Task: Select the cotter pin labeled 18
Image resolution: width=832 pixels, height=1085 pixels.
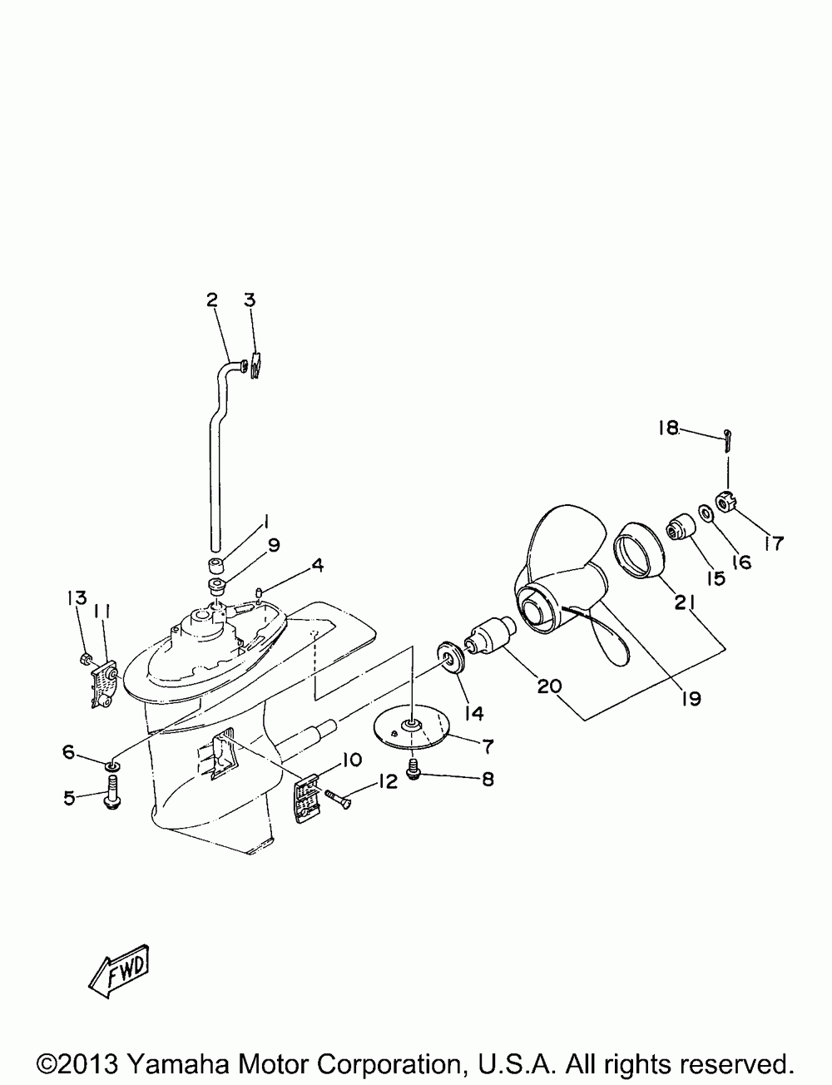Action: pos(728,438)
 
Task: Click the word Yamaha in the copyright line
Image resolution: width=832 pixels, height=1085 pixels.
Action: pos(176,1063)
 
